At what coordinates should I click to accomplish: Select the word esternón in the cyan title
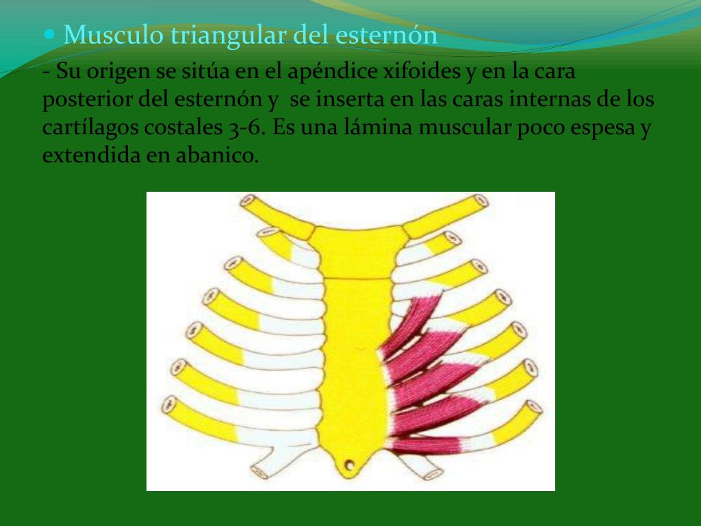tap(386, 34)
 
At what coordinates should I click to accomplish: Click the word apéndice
tap(335, 71)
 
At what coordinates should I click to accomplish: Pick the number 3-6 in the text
tap(250, 128)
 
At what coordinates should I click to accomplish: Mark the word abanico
tap(224, 156)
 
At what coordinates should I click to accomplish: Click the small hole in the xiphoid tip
tap(350, 466)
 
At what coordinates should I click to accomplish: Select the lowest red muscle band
tap(431, 445)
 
